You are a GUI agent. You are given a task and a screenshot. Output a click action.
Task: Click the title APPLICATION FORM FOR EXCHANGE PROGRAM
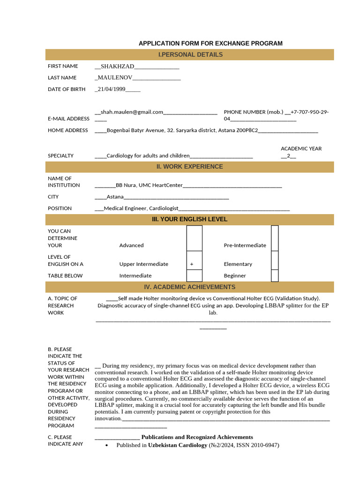[210, 43]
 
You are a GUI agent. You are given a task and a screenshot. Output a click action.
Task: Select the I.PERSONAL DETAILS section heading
[190, 55]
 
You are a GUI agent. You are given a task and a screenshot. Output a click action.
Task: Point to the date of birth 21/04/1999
[111, 89]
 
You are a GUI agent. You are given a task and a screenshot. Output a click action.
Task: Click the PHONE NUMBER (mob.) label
[254, 112]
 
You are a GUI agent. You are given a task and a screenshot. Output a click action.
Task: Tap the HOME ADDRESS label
[67, 130]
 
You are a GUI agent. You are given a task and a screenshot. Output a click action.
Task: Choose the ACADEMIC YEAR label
[301, 149]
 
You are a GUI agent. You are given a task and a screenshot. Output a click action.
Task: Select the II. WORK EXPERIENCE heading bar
[190, 167]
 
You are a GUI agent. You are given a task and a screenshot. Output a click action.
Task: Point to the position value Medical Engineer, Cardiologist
[141, 209]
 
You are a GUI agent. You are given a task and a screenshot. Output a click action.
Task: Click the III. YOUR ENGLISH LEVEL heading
[190, 219]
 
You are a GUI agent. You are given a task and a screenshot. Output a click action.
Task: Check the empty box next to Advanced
[194, 238]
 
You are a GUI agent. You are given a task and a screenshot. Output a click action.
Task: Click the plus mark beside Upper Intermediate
[192, 264]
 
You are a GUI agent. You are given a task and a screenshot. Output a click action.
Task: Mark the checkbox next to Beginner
[275, 276]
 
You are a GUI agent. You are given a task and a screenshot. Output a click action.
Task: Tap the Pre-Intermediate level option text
[245, 245]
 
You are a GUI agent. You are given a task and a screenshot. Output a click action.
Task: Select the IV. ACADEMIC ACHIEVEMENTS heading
[190, 287]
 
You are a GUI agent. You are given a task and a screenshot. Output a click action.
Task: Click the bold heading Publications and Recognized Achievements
[197, 437]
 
